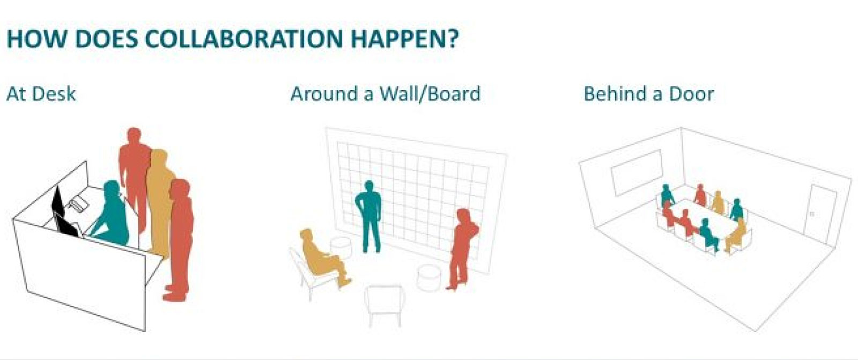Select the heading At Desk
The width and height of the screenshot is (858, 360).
pyautogui.click(x=41, y=94)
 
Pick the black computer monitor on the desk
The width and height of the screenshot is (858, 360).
pyautogui.click(x=65, y=213)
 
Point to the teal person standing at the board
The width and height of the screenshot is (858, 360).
pyautogui.click(x=368, y=217)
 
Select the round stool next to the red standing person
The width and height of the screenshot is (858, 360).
pyautogui.click(x=428, y=277)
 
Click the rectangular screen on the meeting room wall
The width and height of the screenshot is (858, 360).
pyautogui.click(x=637, y=172)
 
